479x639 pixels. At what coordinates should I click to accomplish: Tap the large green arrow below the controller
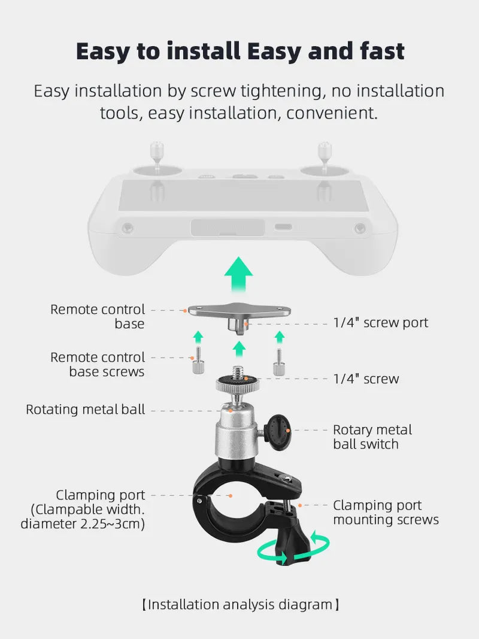(238, 274)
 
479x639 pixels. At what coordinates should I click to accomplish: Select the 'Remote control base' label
(98, 317)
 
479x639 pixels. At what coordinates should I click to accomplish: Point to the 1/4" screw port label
(380, 323)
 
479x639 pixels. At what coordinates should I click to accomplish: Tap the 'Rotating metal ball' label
(85, 410)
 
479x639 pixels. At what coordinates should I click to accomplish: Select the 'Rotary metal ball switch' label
(372, 437)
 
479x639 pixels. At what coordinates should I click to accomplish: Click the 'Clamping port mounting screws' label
(386, 513)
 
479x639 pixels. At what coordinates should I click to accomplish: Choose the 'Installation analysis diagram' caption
(239, 604)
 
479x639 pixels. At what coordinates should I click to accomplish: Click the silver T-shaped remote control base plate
(239, 312)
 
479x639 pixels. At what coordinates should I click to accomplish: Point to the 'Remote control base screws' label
(98, 365)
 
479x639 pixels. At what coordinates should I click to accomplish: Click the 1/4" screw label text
(366, 378)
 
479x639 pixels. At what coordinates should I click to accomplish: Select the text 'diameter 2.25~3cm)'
(83, 524)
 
